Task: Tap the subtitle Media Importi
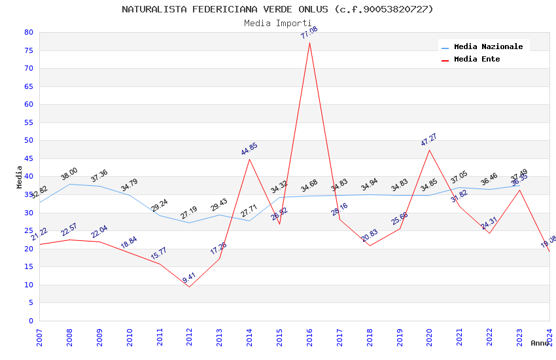pyautogui.click(x=277, y=23)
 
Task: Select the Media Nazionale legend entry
pyautogui.click(x=488, y=47)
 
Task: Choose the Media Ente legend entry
pyautogui.click(x=477, y=60)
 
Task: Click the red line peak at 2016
pyautogui.click(x=309, y=43)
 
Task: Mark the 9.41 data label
pyautogui.click(x=189, y=278)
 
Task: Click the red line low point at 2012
pyautogui.click(x=189, y=287)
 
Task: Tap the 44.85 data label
pyautogui.click(x=249, y=149)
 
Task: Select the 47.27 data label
pyautogui.click(x=429, y=140)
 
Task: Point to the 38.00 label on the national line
pyautogui.click(x=69, y=174)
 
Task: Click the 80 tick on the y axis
pyautogui.click(x=28, y=32)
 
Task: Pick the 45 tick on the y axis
pyautogui.click(x=28, y=158)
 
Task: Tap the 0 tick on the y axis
pyautogui.click(x=31, y=321)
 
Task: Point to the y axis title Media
pyautogui.click(x=19, y=177)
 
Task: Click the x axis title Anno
pyautogui.click(x=540, y=343)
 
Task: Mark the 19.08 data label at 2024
pyautogui.click(x=548, y=242)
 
